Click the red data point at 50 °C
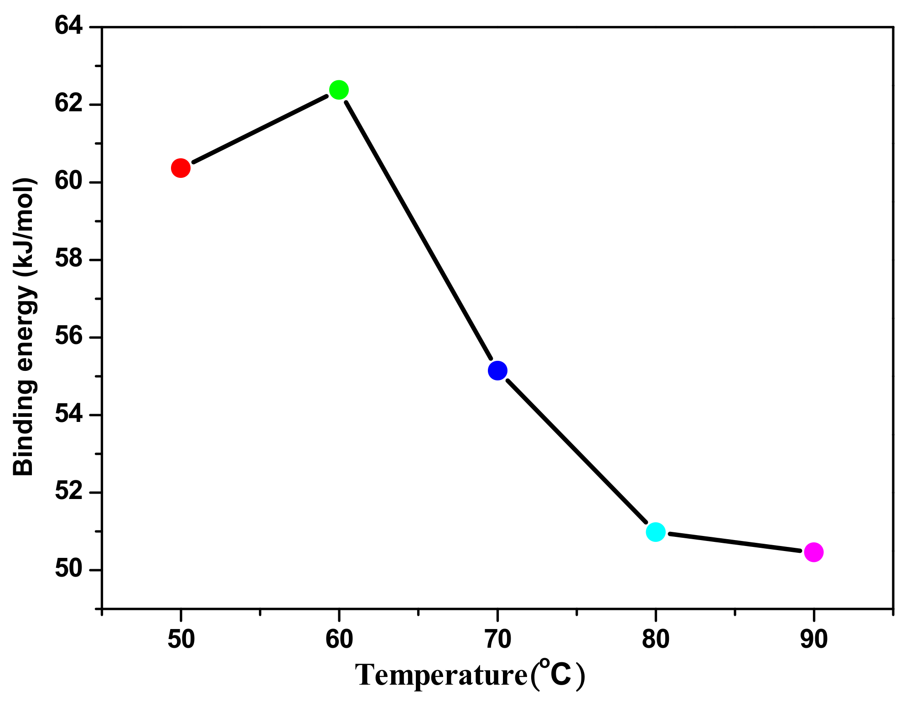181,168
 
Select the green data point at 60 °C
339,89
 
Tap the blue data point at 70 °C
497,370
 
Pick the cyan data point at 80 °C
656,532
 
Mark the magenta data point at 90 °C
813,552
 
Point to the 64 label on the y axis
69,26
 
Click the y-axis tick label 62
69,104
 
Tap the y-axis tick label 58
69,259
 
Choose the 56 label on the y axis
69,337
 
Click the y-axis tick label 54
69,414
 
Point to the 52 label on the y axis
69,492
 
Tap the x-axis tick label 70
497,639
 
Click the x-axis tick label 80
656,639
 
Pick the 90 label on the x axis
814,639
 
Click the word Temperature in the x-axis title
441,676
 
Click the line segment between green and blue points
418,230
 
